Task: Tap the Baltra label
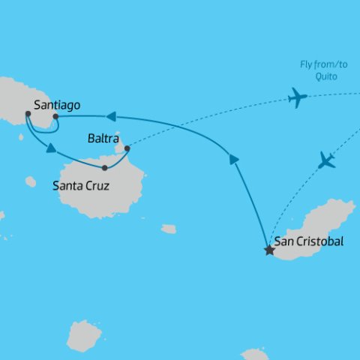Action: pyautogui.click(x=103, y=138)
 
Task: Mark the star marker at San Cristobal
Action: pyautogui.click(x=268, y=250)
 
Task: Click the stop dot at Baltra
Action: pyautogui.click(x=127, y=148)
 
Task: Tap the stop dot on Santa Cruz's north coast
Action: pyautogui.click(x=104, y=167)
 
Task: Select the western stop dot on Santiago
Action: pyautogui.click(x=28, y=115)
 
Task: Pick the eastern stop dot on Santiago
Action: pyautogui.click(x=55, y=116)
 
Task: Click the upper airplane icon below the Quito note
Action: pyautogui.click(x=298, y=98)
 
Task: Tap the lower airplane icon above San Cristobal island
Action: pyautogui.click(x=326, y=160)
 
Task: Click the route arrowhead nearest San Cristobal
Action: pyautogui.click(x=233, y=159)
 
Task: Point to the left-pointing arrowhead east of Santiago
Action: pyautogui.click(x=110, y=116)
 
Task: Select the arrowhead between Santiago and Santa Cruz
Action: pyautogui.click(x=51, y=148)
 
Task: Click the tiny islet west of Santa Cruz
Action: pyautogui.click(x=31, y=181)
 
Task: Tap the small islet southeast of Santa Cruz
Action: pyautogui.click(x=169, y=229)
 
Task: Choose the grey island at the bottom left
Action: pyautogui.click(x=83, y=335)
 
